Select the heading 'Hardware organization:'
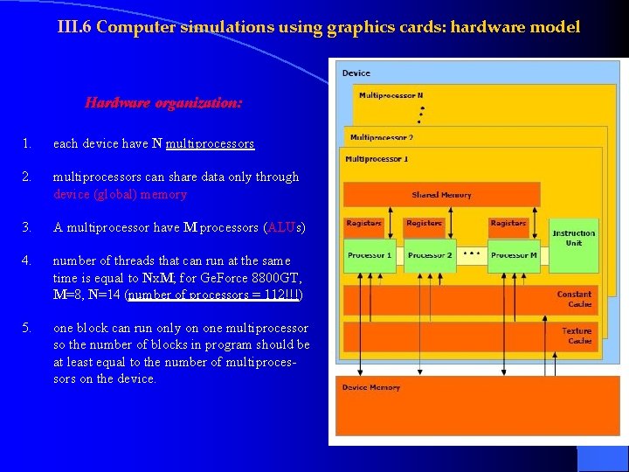coord(163,103)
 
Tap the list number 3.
coord(28,227)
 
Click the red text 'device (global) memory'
coord(120,194)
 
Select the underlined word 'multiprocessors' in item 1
coord(210,143)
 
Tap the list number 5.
coord(28,328)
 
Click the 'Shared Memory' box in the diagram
coord(441,194)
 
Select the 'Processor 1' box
coord(370,255)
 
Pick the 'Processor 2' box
coord(430,255)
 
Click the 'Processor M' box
coord(513,255)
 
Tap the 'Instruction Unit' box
coord(573,238)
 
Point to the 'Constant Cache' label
coord(573,299)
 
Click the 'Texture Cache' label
coord(576,336)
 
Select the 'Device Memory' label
coord(371,387)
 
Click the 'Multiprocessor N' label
coord(391,95)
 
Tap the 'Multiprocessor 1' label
coord(377,159)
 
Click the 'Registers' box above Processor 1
coord(363,224)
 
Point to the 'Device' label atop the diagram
coord(356,73)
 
